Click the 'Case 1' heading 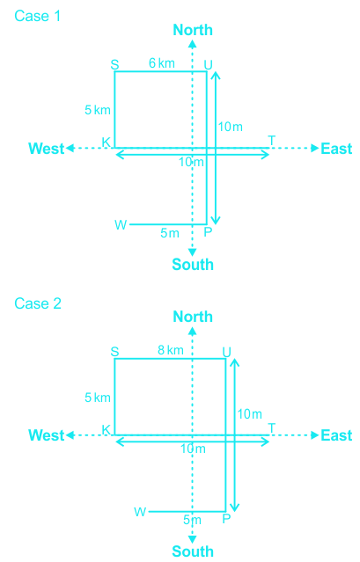[37, 16]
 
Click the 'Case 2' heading [38, 303]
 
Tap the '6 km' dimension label [162, 63]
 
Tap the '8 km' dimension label [171, 350]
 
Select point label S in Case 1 [114, 65]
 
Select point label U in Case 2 [226, 353]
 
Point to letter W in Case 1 [121, 225]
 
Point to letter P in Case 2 [226, 519]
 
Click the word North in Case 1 [193, 30]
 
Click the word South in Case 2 [193, 551]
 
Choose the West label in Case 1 [47, 149]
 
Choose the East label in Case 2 [336, 435]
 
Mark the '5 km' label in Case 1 [98, 110]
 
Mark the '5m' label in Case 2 [192, 520]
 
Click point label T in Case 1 [272, 141]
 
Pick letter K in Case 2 [107, 430]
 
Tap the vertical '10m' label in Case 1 [231, 127]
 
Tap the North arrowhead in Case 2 [193, 332]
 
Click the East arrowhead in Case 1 [315, 148]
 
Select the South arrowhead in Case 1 [193, 252]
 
